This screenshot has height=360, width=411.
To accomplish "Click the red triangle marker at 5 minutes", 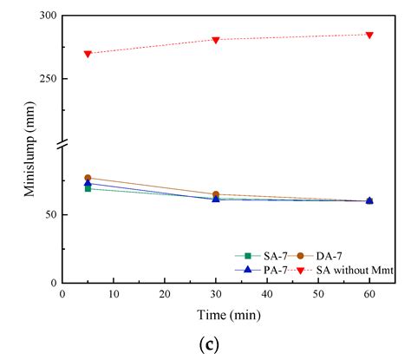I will click(88, 54).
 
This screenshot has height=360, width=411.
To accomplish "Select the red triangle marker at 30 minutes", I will click(216, 40).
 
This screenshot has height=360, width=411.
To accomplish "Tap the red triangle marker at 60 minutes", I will click(369, 35).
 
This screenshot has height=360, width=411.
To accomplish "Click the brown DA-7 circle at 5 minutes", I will click(88, 178).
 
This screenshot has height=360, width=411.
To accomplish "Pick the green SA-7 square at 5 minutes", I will click(88, 188).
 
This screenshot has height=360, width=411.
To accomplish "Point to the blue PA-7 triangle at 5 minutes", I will click(88, 183).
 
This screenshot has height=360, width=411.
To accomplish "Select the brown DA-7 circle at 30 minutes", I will click(216, 194).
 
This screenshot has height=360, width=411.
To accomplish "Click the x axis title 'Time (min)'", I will click(215, 312).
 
